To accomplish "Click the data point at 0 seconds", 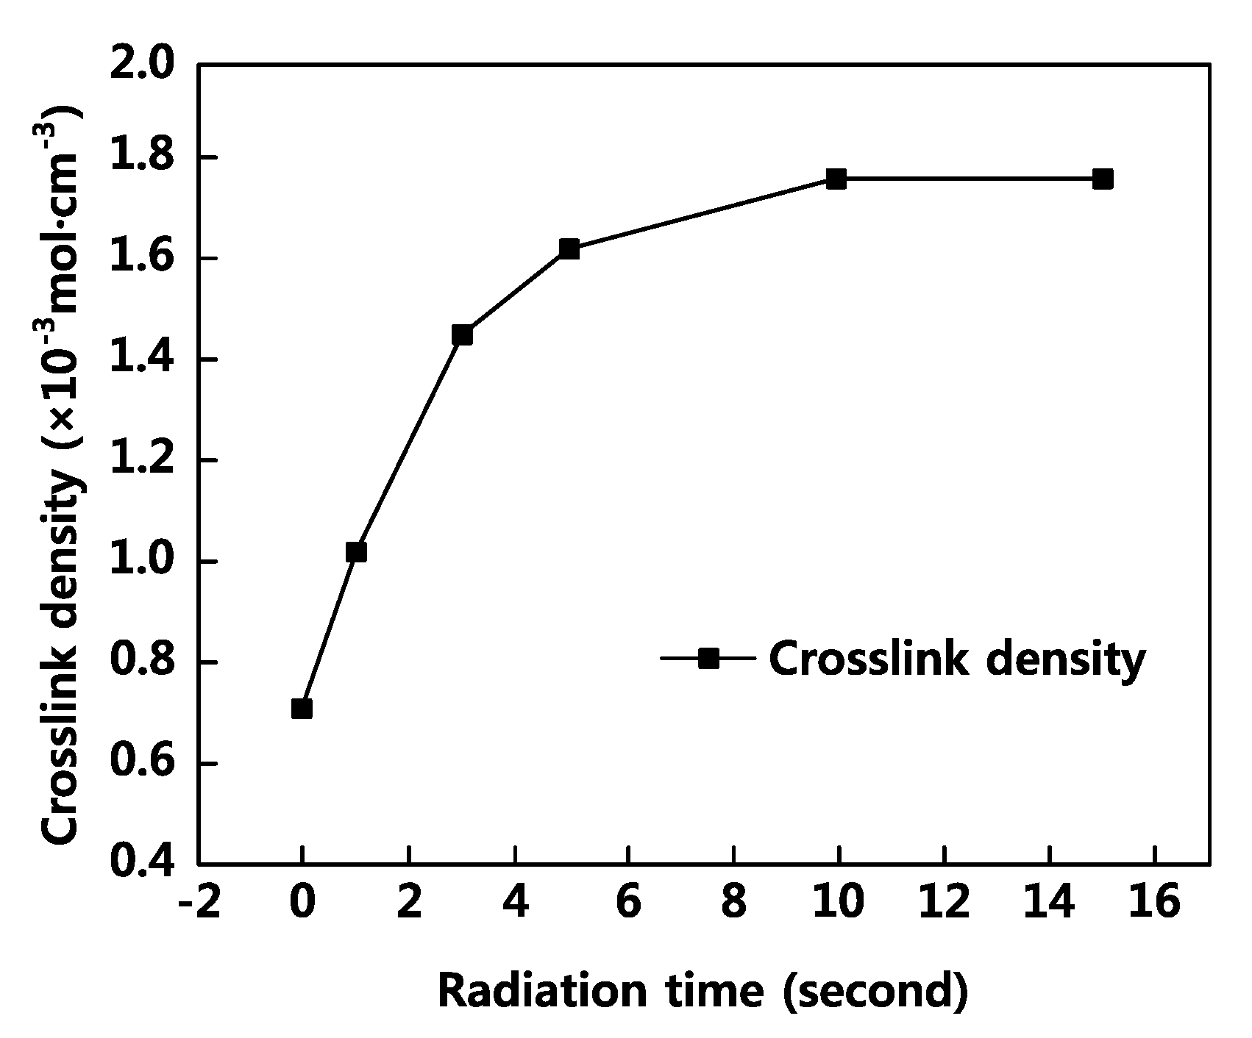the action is pos(302,709).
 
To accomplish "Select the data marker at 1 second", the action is pos(355,552).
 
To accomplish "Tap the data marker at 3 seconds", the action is pos(462,335).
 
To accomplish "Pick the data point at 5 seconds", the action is pos(569,249).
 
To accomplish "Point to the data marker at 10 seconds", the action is pos(836,179).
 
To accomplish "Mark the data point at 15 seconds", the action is pos(1103,179).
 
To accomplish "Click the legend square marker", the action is pos(708,658).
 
